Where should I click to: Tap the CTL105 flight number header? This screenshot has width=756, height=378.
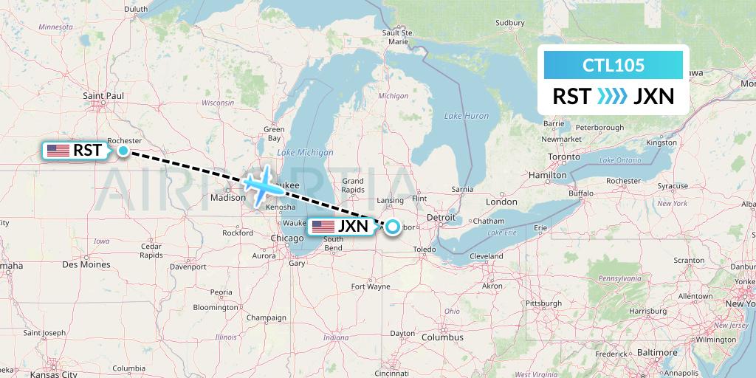(x=614, y=65)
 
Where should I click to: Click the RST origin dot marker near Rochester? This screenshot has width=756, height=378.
(x=123, y=151)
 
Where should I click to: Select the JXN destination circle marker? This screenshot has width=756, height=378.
(x=392, y=227)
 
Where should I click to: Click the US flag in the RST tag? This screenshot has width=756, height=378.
(x=58, y=151)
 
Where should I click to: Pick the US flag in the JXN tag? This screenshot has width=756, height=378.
(x=323, y=227)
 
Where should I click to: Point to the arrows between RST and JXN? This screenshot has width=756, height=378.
(x=612, y=96)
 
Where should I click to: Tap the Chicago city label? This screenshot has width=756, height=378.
(x=286, y=238)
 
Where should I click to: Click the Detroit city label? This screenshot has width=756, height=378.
(x=441, y=218)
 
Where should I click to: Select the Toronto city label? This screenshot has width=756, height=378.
(x=565, y=157)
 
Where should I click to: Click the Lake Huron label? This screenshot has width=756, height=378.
(x=467, y=116)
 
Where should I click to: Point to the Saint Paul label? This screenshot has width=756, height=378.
(x=103, y=96)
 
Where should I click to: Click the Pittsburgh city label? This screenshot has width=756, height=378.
(x=543, y=303)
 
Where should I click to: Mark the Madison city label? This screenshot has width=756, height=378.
(x=227, y=197)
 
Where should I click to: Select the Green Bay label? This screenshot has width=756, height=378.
(x=274, y=134)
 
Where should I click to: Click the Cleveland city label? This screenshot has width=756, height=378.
(x=485, y=256)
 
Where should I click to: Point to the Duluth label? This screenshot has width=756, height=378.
(x=136, y=10)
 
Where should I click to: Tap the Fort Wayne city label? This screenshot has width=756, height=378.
(x=371, y=286)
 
